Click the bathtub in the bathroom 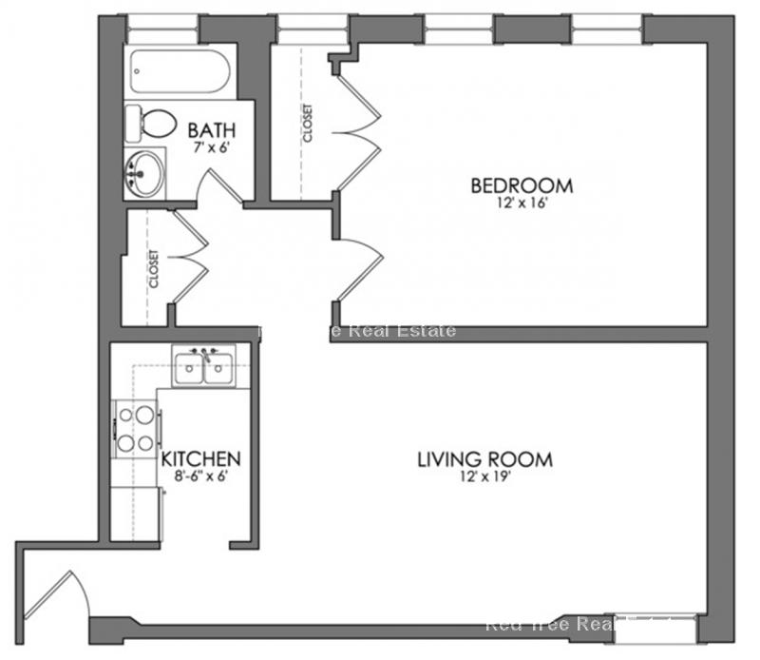180,70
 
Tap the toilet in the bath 152,123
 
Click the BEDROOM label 522,184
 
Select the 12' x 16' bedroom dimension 522,203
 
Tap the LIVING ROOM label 484,460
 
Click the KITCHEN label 200,458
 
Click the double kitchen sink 204,366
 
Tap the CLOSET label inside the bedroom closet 308,124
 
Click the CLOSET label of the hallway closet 153,269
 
